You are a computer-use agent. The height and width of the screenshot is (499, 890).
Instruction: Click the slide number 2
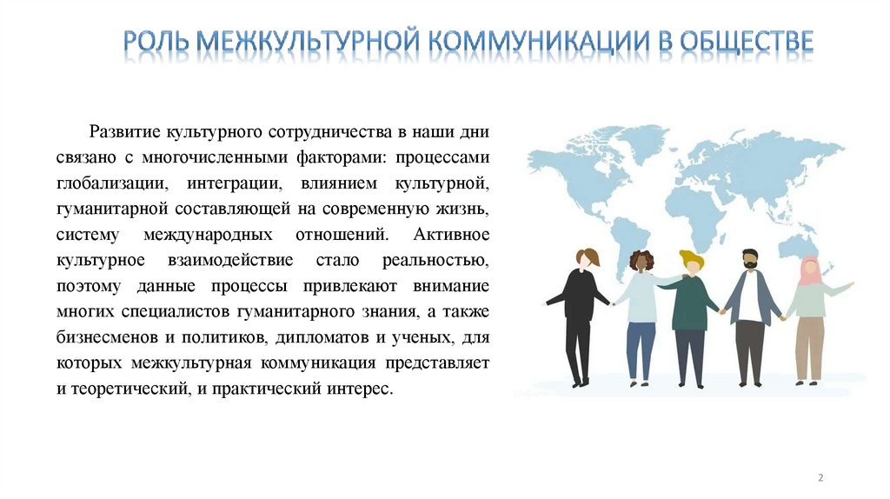pyautogui.click(x=820, y=477)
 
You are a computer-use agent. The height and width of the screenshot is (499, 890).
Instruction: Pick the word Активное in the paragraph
pyautogui.click(x=452, y=236)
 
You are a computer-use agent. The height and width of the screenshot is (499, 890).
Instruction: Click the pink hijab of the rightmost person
pyautogui.click(x=811, y=272)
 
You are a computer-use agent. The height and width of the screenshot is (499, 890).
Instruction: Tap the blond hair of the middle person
pyautogui.click(x=691, y=260)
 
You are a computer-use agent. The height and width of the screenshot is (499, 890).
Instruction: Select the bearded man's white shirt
pyautogui.click(x=749, y=299)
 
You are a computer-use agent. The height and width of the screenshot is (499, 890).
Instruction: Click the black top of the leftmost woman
pyautogui.click(x=579, y=296)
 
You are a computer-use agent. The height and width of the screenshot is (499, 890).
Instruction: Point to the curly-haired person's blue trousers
pyautogui.click(x=641, y=348)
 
